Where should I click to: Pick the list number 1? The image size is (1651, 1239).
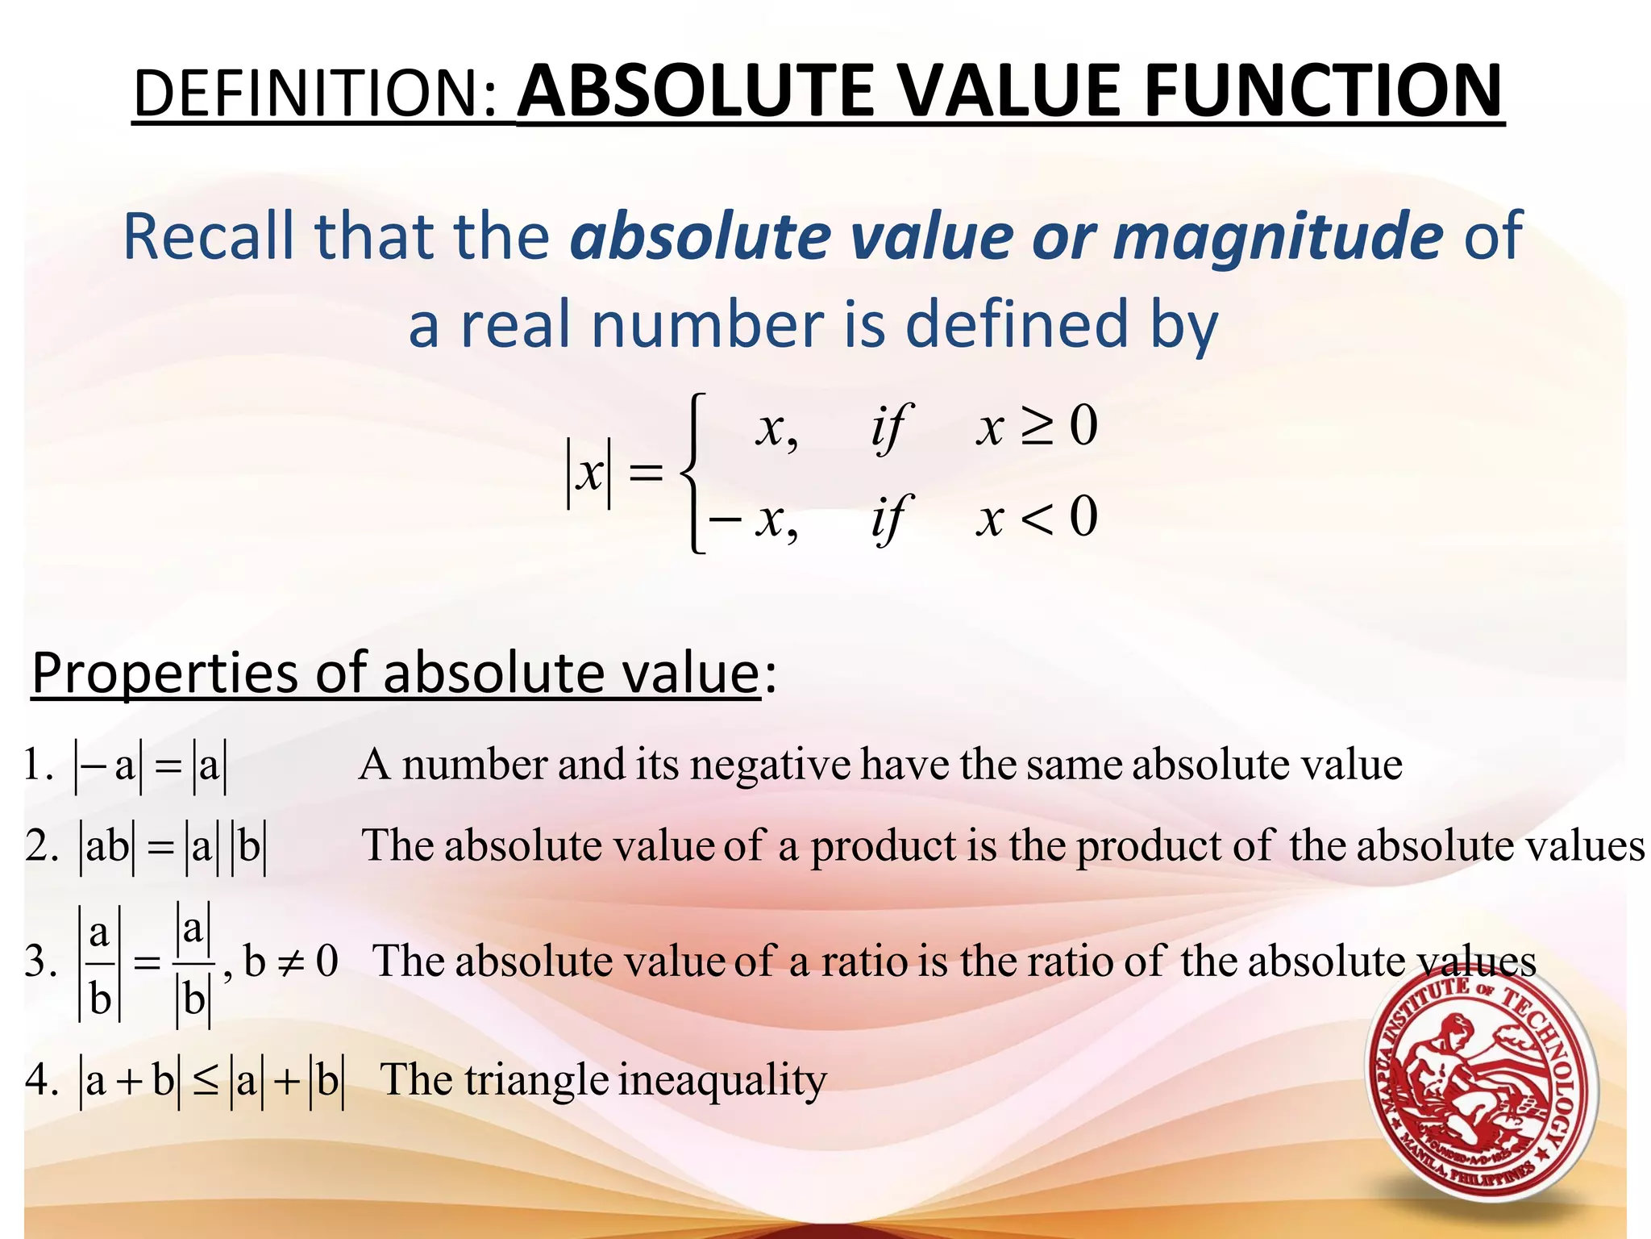(35, 765)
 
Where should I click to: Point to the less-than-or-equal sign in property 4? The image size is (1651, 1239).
(205, 1081)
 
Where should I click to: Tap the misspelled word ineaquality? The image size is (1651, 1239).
(722, 1081)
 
